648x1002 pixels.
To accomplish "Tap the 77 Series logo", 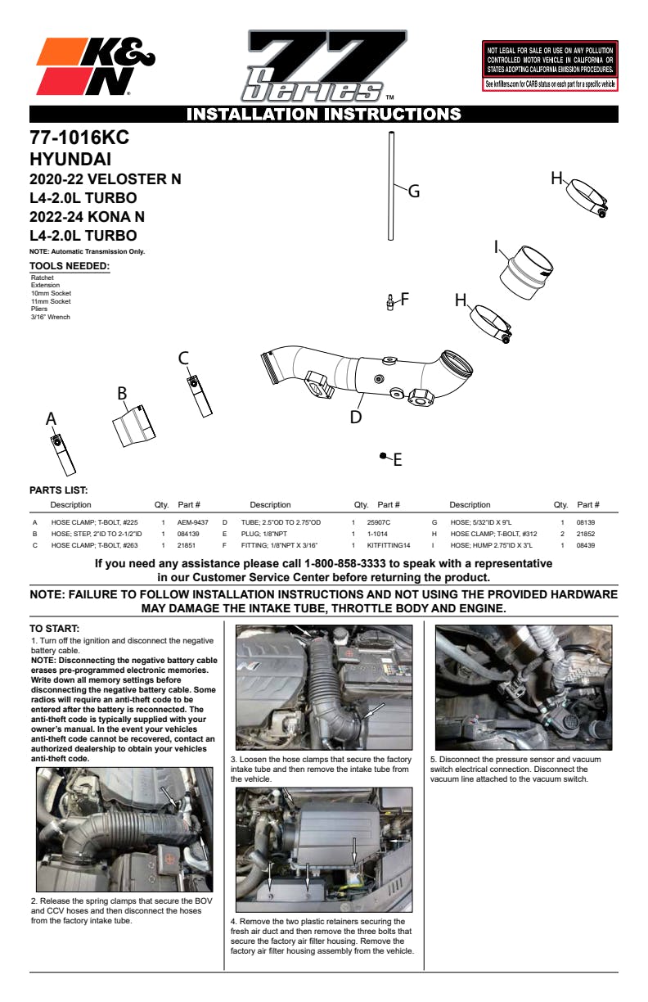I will click(x=324, y=66).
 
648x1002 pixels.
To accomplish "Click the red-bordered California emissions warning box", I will click(x=550, y=65).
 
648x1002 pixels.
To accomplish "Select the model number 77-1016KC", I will click(x=79, y=138).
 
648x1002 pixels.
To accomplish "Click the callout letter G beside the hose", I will click(x=414, y=192).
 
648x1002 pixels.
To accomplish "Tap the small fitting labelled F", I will click(x=390, y=304).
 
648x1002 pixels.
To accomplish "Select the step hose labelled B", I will click(x=133, y=427).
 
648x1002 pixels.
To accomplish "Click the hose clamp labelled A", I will click(x=62, y=449).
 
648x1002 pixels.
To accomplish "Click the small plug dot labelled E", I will click(x=382, y=455).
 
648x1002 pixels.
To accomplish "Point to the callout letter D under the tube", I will click(x=356, y=417).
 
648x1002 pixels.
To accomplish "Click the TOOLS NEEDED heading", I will click(x=70, y=266).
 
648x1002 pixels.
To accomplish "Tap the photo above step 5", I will click(x=523, y=688).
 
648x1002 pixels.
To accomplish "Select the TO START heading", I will click(x=55, y=629).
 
